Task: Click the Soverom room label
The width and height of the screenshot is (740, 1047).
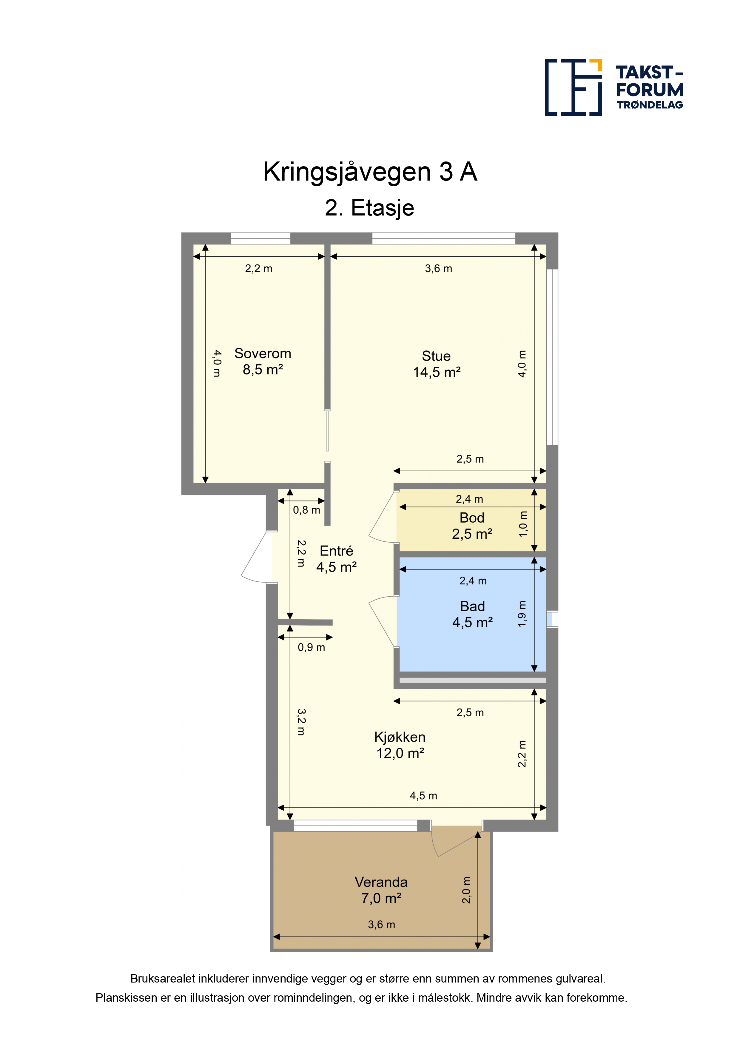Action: click(263, 353)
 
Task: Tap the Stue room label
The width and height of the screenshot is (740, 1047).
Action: click(436, 356)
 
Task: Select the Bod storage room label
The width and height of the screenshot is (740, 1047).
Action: click(472, 518)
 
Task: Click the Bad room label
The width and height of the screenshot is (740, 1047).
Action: click(472, 606)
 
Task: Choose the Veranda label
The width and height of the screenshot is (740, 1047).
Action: click(381, 882)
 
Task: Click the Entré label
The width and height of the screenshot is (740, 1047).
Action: click(337, 551)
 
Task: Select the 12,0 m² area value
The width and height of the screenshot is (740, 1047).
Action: click(400, 753)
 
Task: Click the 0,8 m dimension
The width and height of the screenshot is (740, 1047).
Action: click(306, 510)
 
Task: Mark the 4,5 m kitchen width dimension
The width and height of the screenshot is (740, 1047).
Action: click(424, 796)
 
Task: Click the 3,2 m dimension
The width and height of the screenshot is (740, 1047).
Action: click(301, 722)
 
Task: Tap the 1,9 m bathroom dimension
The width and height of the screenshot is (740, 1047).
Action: click(522, 614)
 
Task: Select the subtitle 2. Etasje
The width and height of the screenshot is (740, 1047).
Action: click(370, 208)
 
